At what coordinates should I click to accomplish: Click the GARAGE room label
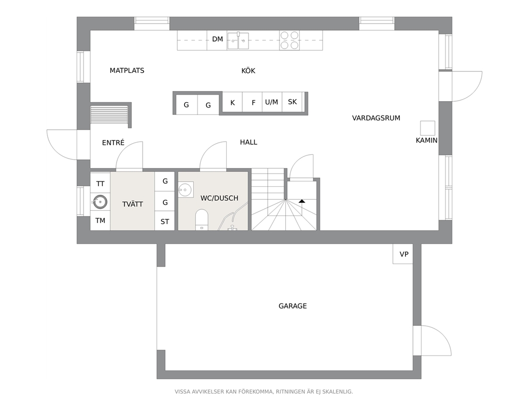point(293,306)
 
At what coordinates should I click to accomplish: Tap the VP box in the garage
point(403,253)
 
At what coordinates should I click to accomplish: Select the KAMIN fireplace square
point(427,128)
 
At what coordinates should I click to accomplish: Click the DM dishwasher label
point(218,39)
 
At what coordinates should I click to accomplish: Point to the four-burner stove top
point(289,40)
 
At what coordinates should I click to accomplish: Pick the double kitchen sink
point(238,41)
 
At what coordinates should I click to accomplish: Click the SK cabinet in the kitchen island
point(292,102)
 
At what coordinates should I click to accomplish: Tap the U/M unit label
point(271,102)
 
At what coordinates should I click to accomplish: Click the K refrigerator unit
point(233,102)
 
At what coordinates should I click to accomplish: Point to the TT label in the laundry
point(101,184)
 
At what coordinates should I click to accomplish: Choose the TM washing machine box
point(101,220)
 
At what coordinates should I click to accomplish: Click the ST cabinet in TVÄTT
point(164,221)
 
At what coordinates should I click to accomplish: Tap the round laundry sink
point(100,202)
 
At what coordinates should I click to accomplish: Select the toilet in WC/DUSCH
point(202,219)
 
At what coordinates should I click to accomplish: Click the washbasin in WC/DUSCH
point(186,189)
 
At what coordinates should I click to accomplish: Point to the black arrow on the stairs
point(302,201)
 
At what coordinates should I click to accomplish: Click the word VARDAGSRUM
point(376,118)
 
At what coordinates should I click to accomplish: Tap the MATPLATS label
point(127,71)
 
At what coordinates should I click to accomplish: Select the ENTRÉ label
point(113,143)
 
